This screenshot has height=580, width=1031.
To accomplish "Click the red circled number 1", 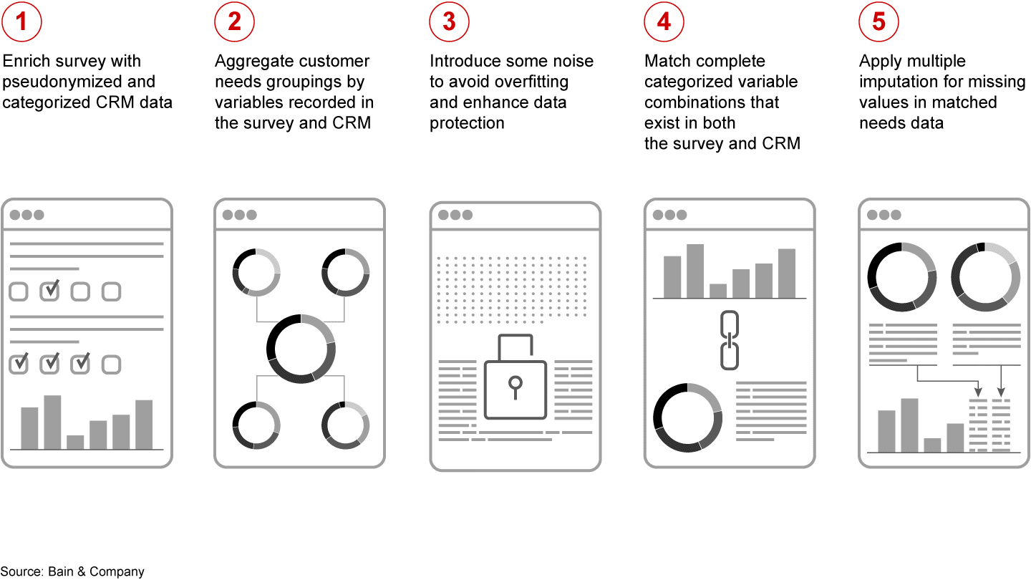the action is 21,21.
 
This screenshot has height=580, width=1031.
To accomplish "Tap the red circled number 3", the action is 449,21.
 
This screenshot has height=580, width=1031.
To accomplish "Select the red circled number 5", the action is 878,21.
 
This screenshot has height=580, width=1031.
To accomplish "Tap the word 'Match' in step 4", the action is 667,61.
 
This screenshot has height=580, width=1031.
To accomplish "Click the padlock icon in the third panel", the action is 515,377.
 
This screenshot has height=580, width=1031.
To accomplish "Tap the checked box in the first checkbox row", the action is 49,291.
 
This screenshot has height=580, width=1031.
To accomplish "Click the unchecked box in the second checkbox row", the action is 111,364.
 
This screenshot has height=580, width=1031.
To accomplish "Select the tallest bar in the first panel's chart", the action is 52,422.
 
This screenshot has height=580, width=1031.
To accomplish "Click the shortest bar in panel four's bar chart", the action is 718,291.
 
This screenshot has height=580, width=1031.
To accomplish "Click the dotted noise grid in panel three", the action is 512,289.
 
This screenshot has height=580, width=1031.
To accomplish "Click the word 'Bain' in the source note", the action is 61,571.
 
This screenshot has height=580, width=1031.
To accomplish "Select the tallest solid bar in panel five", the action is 909,425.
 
